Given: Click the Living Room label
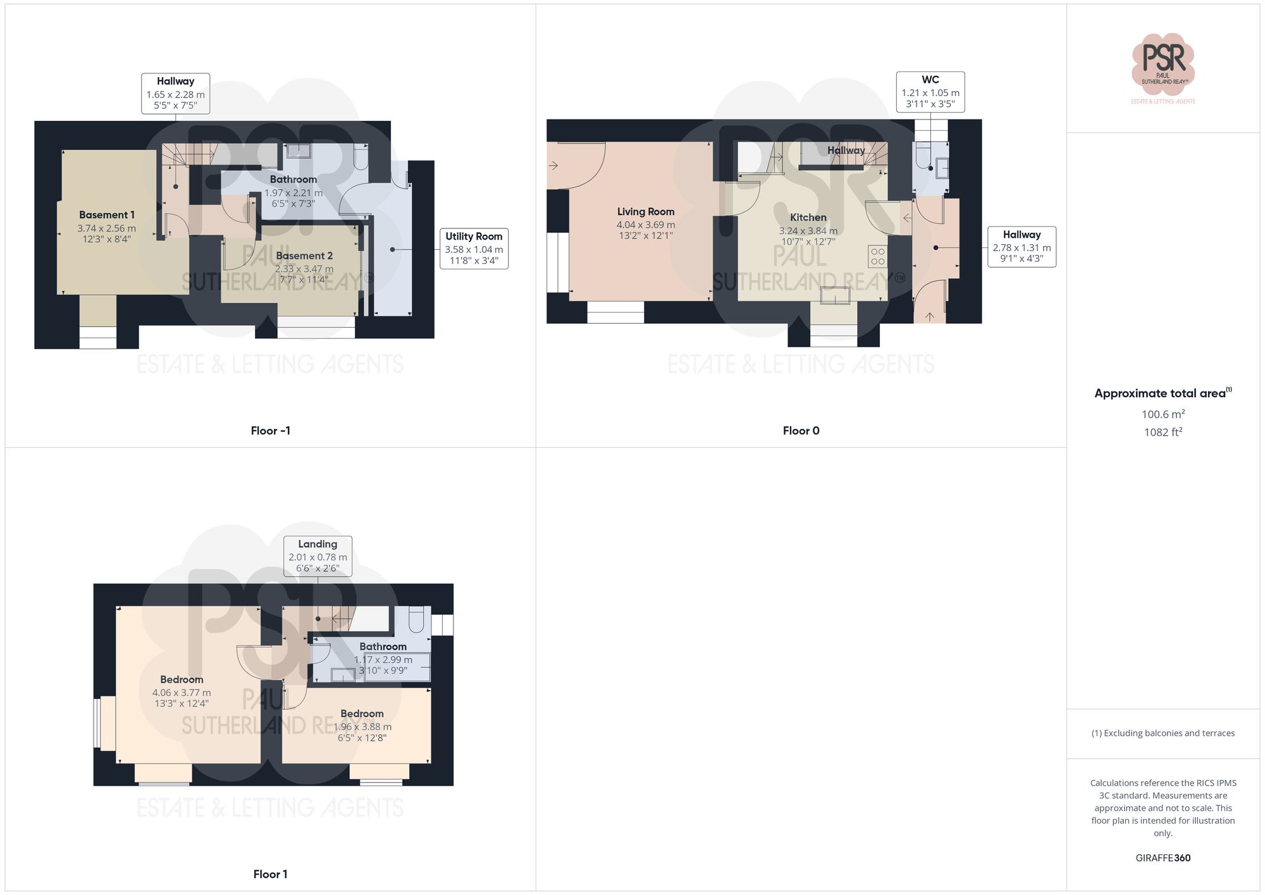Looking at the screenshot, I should click(646, 212).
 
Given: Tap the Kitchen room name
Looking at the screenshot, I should click(808, 218).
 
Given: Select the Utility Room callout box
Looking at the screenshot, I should click(474, 248).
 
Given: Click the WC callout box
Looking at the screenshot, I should click(930, 92).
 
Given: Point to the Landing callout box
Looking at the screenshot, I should click(318, 556).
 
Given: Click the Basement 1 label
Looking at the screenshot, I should click(107, 215).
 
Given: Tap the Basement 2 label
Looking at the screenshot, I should click(304, 256).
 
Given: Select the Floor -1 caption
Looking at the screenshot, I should click(270, 431).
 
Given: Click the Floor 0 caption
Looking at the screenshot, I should click(801, 431).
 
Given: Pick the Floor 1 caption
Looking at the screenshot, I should click(270, 874).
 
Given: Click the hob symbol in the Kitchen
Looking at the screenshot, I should click(877, 256).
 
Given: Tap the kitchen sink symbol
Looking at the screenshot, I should click(835, 296).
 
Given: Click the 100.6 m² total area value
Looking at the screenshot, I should click(1163, 414).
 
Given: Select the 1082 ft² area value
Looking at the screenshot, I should click(1163, 432).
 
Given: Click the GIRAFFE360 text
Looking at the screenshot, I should click(1163, 858).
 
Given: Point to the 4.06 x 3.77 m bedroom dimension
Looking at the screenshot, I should click(182, 693).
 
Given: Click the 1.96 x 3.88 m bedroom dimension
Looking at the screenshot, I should click(362, 727).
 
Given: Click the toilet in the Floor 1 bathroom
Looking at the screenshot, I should click(416, 619).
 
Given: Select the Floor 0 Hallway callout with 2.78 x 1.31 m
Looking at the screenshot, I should click(1021, 247).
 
